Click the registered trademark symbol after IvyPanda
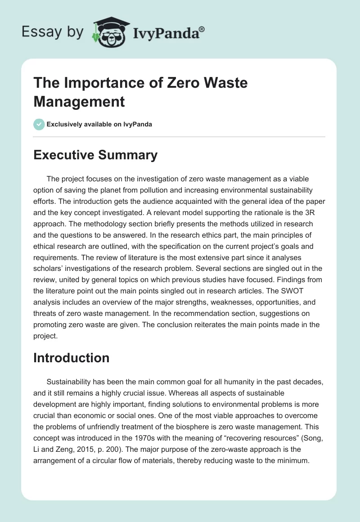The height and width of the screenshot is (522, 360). pyautogui.click(x=202, y=29)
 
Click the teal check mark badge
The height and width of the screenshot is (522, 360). pyautogui.click(x=39, y=124)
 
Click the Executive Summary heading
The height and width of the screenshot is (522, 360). pyautogui.click(x=95, y=155)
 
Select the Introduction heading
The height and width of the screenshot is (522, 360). pyautogui.click(x=71, y=358)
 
